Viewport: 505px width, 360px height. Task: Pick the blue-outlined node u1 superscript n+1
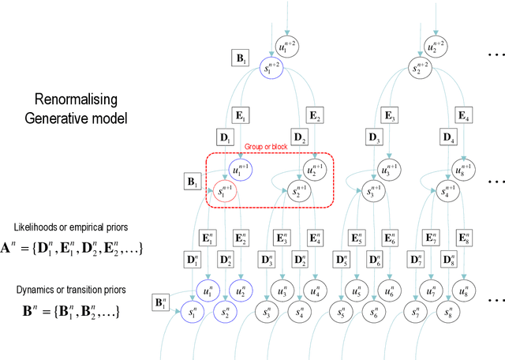pyautogui.click(x=238, y=169)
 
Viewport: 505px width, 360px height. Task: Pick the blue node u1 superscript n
pyautogui.click(x=208, y=290)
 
